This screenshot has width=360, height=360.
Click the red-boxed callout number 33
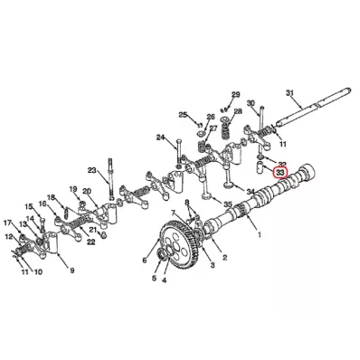(x=280, y=173)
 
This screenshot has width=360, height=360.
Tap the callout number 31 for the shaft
(x=289, y=93)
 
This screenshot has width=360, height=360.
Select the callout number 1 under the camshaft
(x=259, y=233)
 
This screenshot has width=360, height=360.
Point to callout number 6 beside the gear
(x=145, y=260)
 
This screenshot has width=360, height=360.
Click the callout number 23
(x=91, y=170)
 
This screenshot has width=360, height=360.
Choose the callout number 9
(x=72, y=270)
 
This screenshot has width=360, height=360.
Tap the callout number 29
(x=235, y=95)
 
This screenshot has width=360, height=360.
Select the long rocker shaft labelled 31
(x=312, y=107)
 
